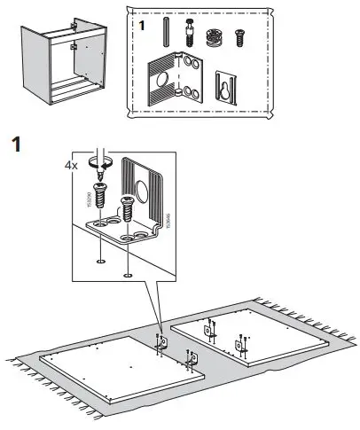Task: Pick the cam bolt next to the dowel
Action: point(187,35)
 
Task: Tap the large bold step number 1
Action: point(15,143)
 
